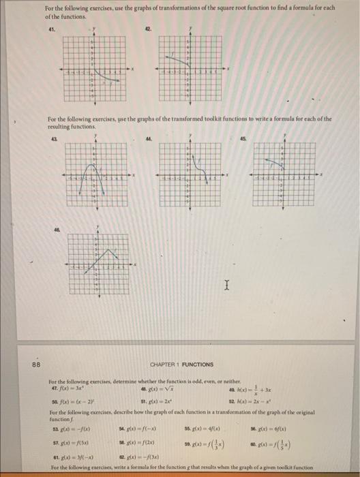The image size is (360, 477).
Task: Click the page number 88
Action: [x=36, y=364]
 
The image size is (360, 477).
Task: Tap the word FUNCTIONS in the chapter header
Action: [x=198, y=365]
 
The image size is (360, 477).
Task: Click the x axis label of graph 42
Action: [x=229, y=69]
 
